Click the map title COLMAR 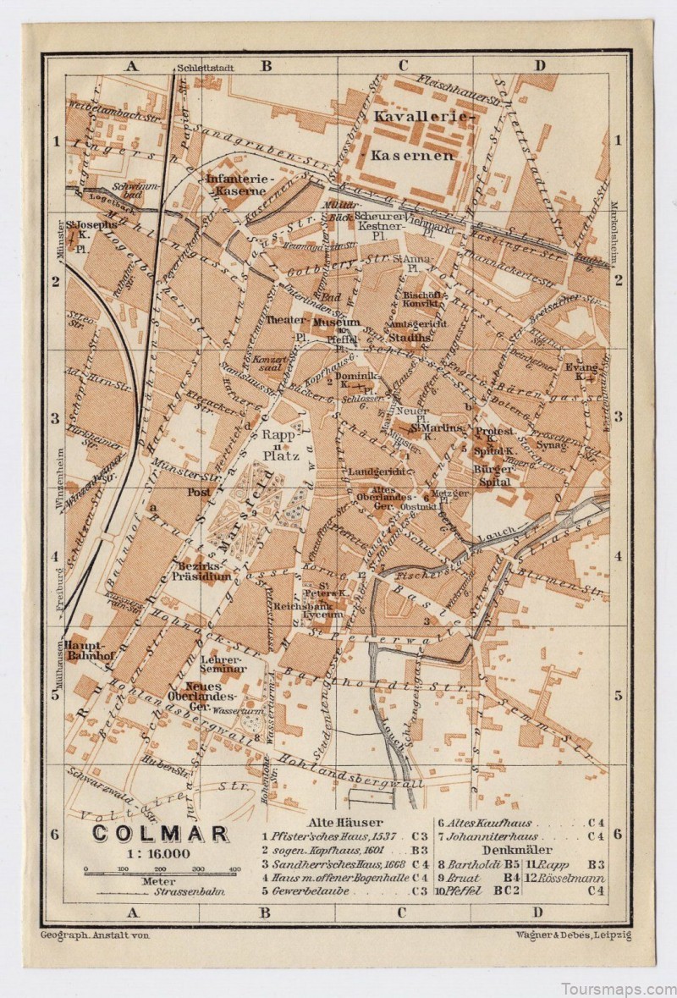pyautogui.click(x=160, y=834)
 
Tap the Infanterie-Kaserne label pyautogui.click(x=237, y=185)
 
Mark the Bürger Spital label pyautogui.click(x=491, y=475)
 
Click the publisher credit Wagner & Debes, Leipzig pyautogui.click(x=572, y=934)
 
